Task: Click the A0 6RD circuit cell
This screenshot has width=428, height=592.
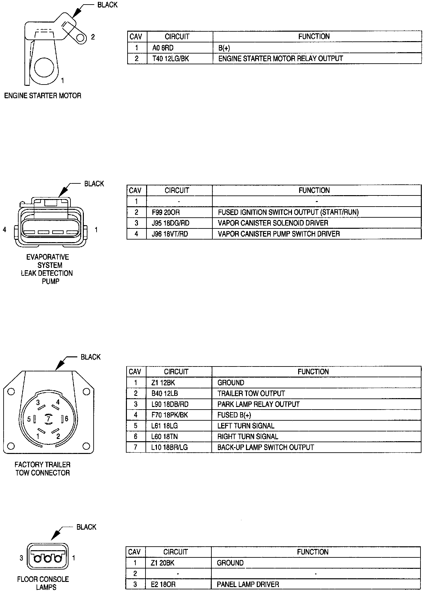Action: coord(163,48)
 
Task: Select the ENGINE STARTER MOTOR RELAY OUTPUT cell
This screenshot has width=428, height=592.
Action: coord(281,59)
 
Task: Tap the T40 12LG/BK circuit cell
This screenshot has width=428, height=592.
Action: coord(171,59)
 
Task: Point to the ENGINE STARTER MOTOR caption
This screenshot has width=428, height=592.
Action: coord(43,96)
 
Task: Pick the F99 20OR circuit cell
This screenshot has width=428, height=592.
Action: coord(166,212)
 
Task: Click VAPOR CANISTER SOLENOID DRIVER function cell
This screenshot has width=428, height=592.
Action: coord(273,223)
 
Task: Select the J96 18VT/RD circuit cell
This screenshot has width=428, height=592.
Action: coord(170,234)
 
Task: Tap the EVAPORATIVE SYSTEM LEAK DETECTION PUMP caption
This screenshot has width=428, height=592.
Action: coord(47,269)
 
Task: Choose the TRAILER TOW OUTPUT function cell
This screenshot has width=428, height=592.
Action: coord(251,394)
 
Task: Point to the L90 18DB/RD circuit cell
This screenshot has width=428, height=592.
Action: coord(170,404)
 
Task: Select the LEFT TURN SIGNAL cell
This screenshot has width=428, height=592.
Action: coord(246,426)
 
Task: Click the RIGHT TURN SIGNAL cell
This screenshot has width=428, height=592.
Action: coord(248,437)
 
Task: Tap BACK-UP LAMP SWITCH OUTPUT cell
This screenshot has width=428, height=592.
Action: coord(266,447)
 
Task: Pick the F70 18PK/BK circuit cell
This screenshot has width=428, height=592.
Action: coord(170,415)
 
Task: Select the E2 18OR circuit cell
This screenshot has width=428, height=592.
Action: coord(163,584)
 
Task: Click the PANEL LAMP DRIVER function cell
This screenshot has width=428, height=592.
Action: coord(248,584)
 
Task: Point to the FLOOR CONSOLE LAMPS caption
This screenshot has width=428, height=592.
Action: coord(43,583)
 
